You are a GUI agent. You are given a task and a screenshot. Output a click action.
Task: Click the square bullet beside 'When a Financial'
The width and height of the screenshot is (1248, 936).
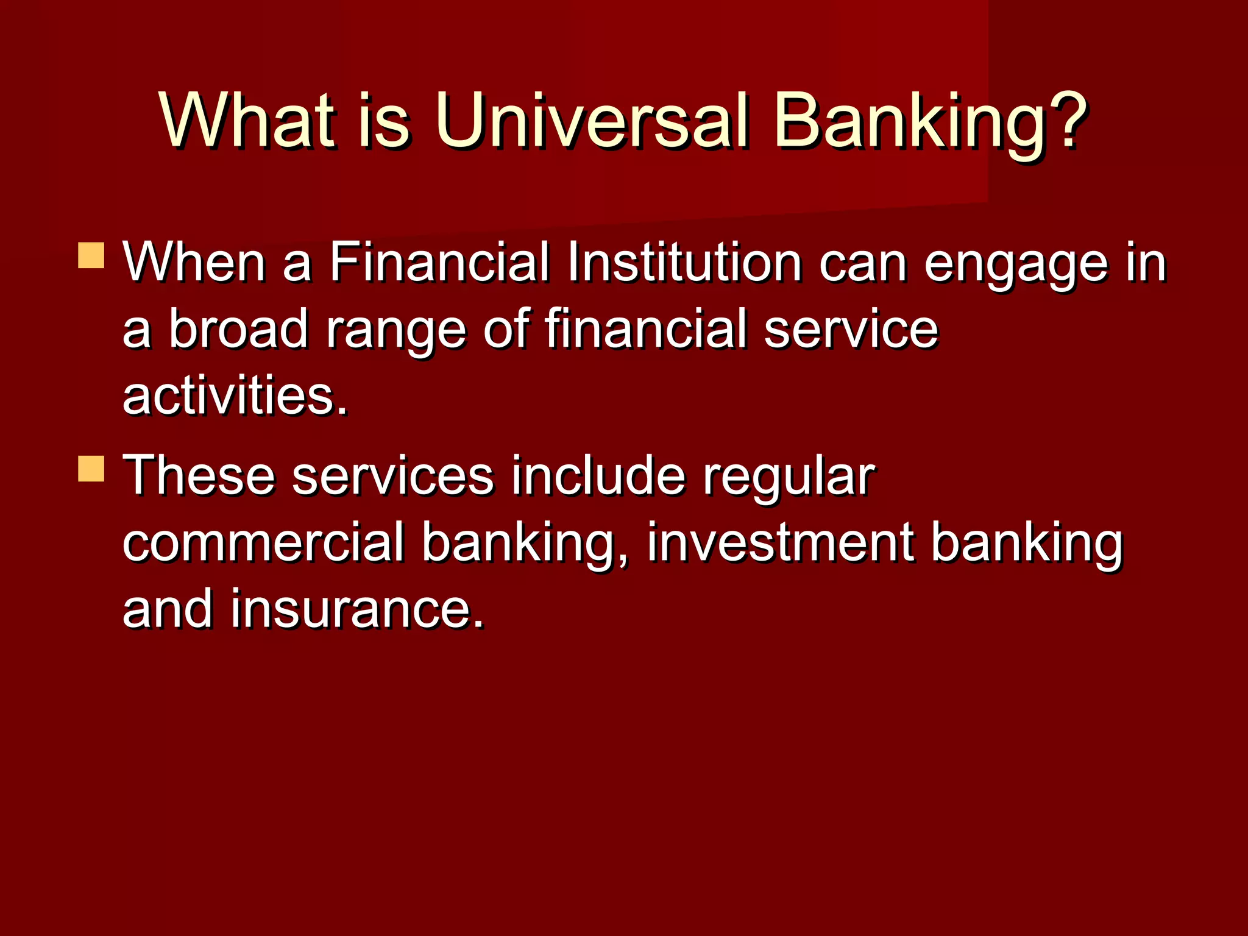91,255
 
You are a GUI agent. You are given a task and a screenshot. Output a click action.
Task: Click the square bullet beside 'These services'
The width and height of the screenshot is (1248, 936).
91,469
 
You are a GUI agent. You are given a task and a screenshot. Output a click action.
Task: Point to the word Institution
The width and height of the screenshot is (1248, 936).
684,263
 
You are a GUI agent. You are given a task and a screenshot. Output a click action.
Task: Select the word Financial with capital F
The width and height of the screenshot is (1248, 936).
440,263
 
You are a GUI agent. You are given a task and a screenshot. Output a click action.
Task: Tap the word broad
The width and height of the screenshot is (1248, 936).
238,329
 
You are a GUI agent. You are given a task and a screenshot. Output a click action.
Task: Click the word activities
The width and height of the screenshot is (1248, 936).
235,396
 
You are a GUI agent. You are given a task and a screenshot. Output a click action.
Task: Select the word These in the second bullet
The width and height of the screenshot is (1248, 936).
199,475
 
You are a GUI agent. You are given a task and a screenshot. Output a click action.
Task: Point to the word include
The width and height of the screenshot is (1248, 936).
598,475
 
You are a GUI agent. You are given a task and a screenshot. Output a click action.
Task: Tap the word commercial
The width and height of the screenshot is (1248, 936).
263,542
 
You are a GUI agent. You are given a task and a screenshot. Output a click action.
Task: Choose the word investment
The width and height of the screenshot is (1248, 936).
780,542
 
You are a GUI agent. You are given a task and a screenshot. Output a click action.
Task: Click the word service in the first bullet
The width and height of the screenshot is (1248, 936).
851,329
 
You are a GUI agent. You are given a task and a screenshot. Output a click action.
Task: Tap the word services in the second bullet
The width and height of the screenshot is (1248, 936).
393,475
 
